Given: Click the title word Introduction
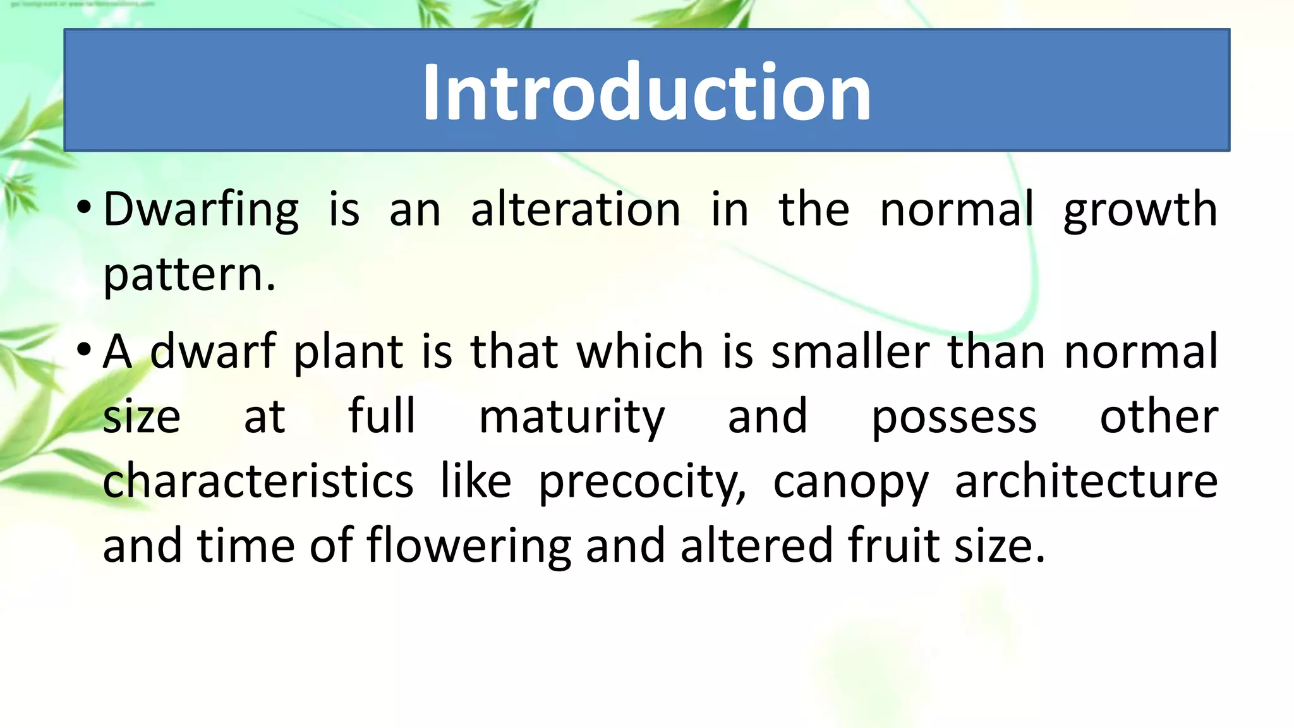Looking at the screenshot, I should click(646, 92).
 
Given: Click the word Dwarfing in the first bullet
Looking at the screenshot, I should click(201, 210).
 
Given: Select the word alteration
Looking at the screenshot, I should click(576, 210).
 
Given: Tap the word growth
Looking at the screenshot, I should click(1140, 210).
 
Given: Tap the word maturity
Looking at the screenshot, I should click(572, 417).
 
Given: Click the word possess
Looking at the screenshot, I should click(954, 417).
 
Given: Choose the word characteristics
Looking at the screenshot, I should click(258, 482).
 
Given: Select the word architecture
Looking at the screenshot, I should click(1085, 482).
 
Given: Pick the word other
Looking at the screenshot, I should click(1159, 417).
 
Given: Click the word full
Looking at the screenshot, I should click(382, 417).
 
